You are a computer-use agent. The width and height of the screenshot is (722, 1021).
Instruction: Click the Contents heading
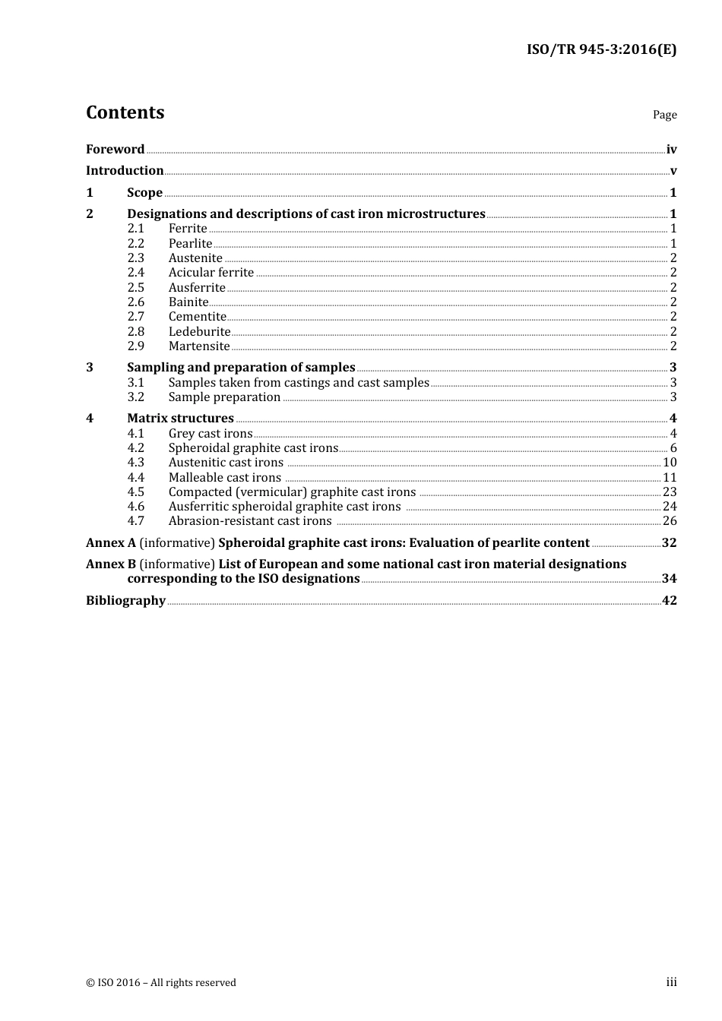pyautogui.click(x=125, y=112)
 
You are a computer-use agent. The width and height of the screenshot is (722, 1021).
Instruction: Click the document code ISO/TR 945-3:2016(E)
pyautogui.click(x=601, y=49)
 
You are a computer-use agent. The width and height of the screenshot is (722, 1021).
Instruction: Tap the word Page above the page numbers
pyautogui.click(x=664, y=115)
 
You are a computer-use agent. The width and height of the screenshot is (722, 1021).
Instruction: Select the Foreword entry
pyautogui.click(x=115, y=150)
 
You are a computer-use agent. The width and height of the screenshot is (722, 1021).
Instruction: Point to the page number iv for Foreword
pyautogui.click(x=671, y=150)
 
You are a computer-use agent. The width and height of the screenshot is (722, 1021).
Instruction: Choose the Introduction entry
pyautogui.click(x=125, y=171)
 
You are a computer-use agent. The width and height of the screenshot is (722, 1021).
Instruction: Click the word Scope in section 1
pyautogui.click(x=144, y=193)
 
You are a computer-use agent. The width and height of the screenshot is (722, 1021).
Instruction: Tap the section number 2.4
pyautogui.click(x=135, y=273)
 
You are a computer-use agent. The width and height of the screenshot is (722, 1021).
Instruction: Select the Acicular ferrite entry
pyautogui.click(x=211, y=273)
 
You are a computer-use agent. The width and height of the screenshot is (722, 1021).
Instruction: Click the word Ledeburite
pyautogui.click(x=199, y=332)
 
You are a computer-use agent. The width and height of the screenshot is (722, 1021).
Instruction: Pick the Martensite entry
pyautogui.click(x=199, y=346)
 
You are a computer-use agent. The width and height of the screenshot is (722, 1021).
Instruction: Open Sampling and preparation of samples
pyautogui.click(x=241, y=368)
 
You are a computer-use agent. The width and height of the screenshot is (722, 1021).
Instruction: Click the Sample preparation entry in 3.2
pyautogui.click(x=224, y=397)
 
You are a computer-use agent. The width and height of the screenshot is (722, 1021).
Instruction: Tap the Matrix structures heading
pyautogui.click(x=180, y=419)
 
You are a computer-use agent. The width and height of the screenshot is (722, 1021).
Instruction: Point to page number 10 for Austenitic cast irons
pyautogui.click(x=669, y=463)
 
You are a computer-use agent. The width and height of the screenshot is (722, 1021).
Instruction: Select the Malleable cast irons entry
pyautogui.click(x=224, y=478)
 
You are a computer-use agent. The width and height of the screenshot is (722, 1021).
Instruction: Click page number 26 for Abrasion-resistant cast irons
pyautogui.click(x=669, y=521)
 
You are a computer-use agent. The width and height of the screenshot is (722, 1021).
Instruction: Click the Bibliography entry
pyautogui.click(x=125, y=601)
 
